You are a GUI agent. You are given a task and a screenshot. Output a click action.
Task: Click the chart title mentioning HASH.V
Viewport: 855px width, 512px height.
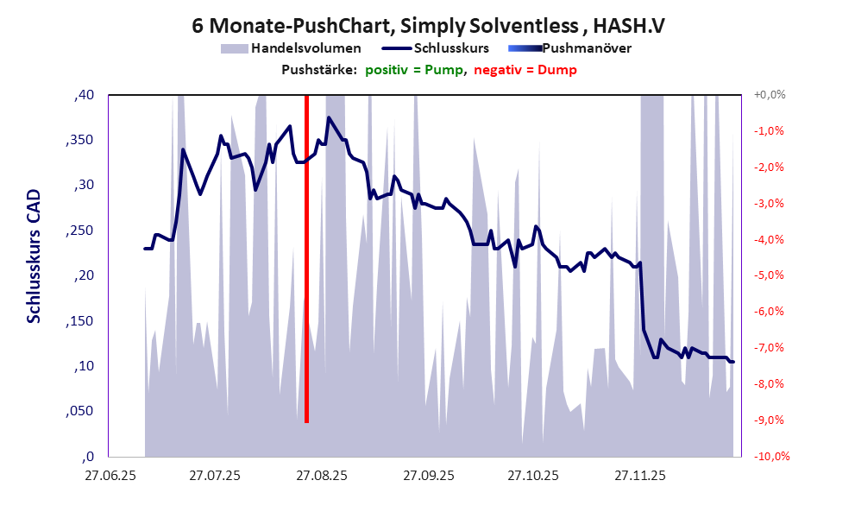(x=428, y=26)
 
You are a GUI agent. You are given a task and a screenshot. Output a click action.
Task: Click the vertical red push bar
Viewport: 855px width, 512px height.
(x=306, y=259)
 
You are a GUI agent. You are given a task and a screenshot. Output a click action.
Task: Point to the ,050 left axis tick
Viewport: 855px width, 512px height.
(x=79, y=412)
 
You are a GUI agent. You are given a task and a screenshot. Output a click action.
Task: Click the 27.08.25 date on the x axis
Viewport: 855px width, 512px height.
(x=323, y=476)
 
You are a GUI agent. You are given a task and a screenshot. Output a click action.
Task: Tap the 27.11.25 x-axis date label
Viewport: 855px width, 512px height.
(x=640, y=476)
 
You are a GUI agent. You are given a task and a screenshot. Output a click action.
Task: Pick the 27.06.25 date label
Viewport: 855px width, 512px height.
(x=110, y=476)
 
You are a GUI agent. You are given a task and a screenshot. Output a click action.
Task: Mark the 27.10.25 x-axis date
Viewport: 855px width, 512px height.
(x=534, y=476)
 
